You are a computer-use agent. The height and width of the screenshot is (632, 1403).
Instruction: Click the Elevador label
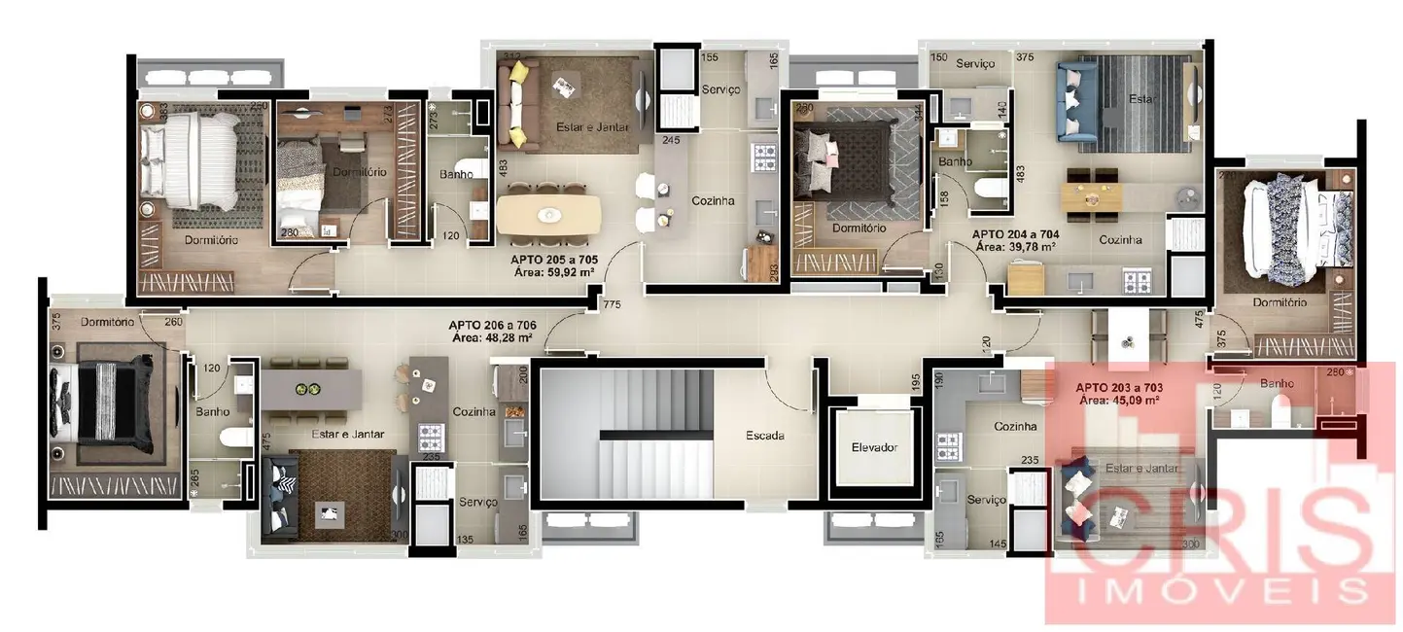873,448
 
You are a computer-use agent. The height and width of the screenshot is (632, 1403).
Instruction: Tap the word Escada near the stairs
765,436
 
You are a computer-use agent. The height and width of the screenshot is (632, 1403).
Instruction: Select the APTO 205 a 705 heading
553,260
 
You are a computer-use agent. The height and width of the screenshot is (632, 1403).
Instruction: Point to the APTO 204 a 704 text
1016,234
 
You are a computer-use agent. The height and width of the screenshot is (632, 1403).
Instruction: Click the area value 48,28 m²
492,338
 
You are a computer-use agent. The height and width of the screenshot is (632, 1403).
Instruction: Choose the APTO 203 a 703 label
1121,387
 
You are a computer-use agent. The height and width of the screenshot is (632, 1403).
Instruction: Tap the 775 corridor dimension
612,305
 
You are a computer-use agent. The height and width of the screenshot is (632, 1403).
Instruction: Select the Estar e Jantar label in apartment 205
592,127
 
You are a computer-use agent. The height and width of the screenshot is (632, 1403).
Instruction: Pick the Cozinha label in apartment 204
1120,239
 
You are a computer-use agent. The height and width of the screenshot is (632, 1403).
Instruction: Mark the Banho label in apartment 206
212,412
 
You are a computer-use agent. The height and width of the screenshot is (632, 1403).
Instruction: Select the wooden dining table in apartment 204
1092,195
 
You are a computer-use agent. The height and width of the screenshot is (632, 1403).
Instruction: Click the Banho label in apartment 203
1276,384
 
